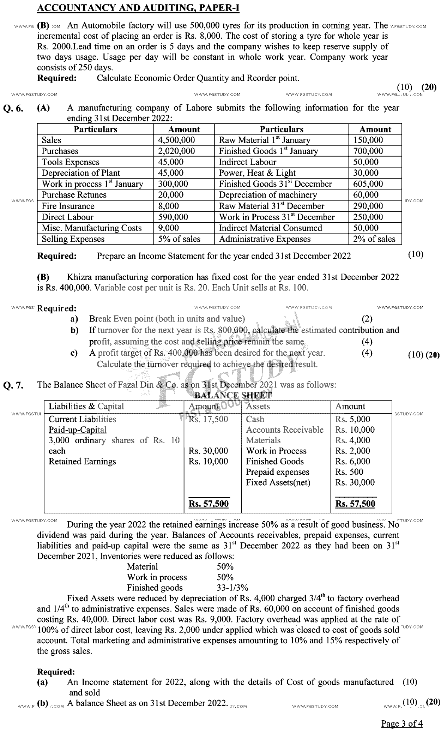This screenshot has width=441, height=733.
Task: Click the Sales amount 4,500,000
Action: (x=176, y=140)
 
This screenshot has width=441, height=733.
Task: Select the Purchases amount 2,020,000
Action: (x=176, y=151)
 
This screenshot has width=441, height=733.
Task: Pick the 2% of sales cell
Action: (x=374, y=239)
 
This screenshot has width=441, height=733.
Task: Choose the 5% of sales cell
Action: (x=179, y=239)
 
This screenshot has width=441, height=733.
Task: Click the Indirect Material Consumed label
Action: (x=270, y=228)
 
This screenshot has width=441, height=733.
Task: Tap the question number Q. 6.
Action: (x=13, y=109)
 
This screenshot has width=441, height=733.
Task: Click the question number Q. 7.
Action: (x=13, y=385)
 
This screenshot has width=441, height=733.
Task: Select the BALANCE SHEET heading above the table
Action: (x=233, y=395)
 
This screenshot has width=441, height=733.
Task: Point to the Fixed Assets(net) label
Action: (x=278, y=482)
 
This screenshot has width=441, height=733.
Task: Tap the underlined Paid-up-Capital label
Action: (x=77, y=430)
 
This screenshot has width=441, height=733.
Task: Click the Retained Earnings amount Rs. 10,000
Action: (x=208, y=461)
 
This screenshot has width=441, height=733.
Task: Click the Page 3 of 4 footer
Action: (x=402, y=723)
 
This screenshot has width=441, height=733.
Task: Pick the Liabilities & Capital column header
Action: (x=86, y=406)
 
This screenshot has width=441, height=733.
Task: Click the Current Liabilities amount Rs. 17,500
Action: (x=208, y=419)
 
